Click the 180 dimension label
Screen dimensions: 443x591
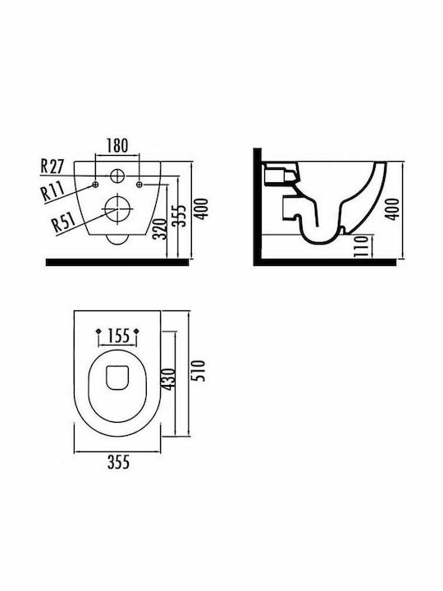(117, 145)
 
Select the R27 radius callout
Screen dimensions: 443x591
(53, 166)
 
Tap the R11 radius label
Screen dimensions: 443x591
(53, 190)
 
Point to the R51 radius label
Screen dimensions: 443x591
(64, 222)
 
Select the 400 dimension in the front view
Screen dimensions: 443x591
(202, 208)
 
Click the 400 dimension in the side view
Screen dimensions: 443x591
(393, 209)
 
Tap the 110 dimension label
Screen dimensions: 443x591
(361, 245)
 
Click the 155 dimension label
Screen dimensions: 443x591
(118, 336)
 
